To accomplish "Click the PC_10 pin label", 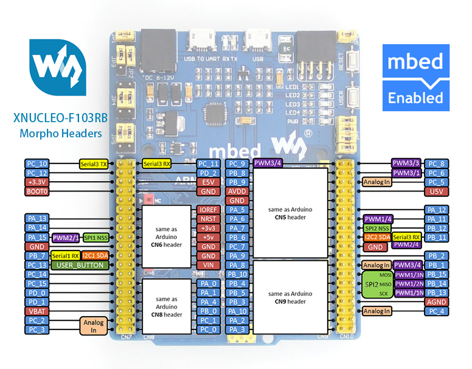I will click(x=36, y=164).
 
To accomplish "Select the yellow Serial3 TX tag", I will click(x=94, y=164).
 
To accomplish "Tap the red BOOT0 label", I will click(x=36, y=191).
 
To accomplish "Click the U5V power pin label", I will click(x=436, y=191).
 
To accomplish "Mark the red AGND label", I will click(x=436, y=302).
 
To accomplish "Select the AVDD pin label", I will click(x=237, y=191).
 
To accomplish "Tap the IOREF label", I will click(x=207, y=210).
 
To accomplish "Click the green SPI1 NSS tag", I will click(x=96, y=237).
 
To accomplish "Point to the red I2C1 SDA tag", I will click(x=95, y=256).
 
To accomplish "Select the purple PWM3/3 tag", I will click(x=406, y=164).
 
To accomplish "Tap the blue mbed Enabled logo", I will click(x=415, y=78).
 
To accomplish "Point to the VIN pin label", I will click(x=207, y=265).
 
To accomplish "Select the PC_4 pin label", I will click(x=436, y=312).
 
